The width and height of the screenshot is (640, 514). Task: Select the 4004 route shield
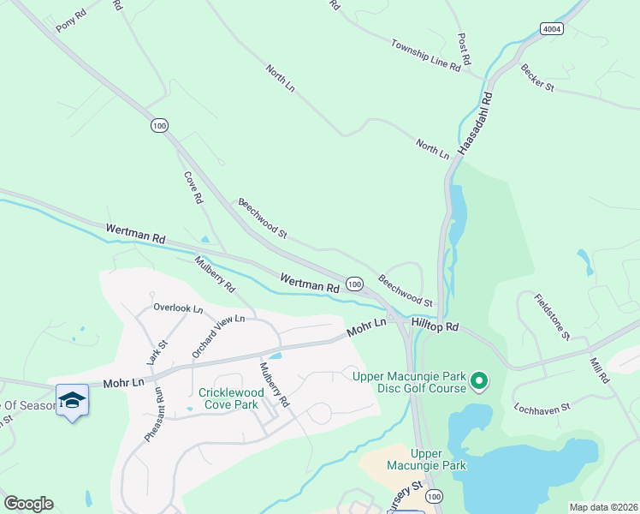pyautogui.click(x=552, y=28)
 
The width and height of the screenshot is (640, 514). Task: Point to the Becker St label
pyautogui.click(x=537, y=77)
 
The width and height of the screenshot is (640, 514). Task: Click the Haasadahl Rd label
pyautogui.click(x=476, y=123)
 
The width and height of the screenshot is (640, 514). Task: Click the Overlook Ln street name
pyautogui.click(x=178, y=308)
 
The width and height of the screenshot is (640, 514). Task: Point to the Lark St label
pyautogui.click(x=157, y=352)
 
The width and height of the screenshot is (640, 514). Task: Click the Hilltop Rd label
pyautogui.click(x=435, y=327)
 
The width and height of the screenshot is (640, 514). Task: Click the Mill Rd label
pyautogui.click(x=598, y=370)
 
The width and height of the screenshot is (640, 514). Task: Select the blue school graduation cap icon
pyautogui.click(x=73, y=400)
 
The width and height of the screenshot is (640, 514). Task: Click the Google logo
pyautogui.click(x=28, y=504)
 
